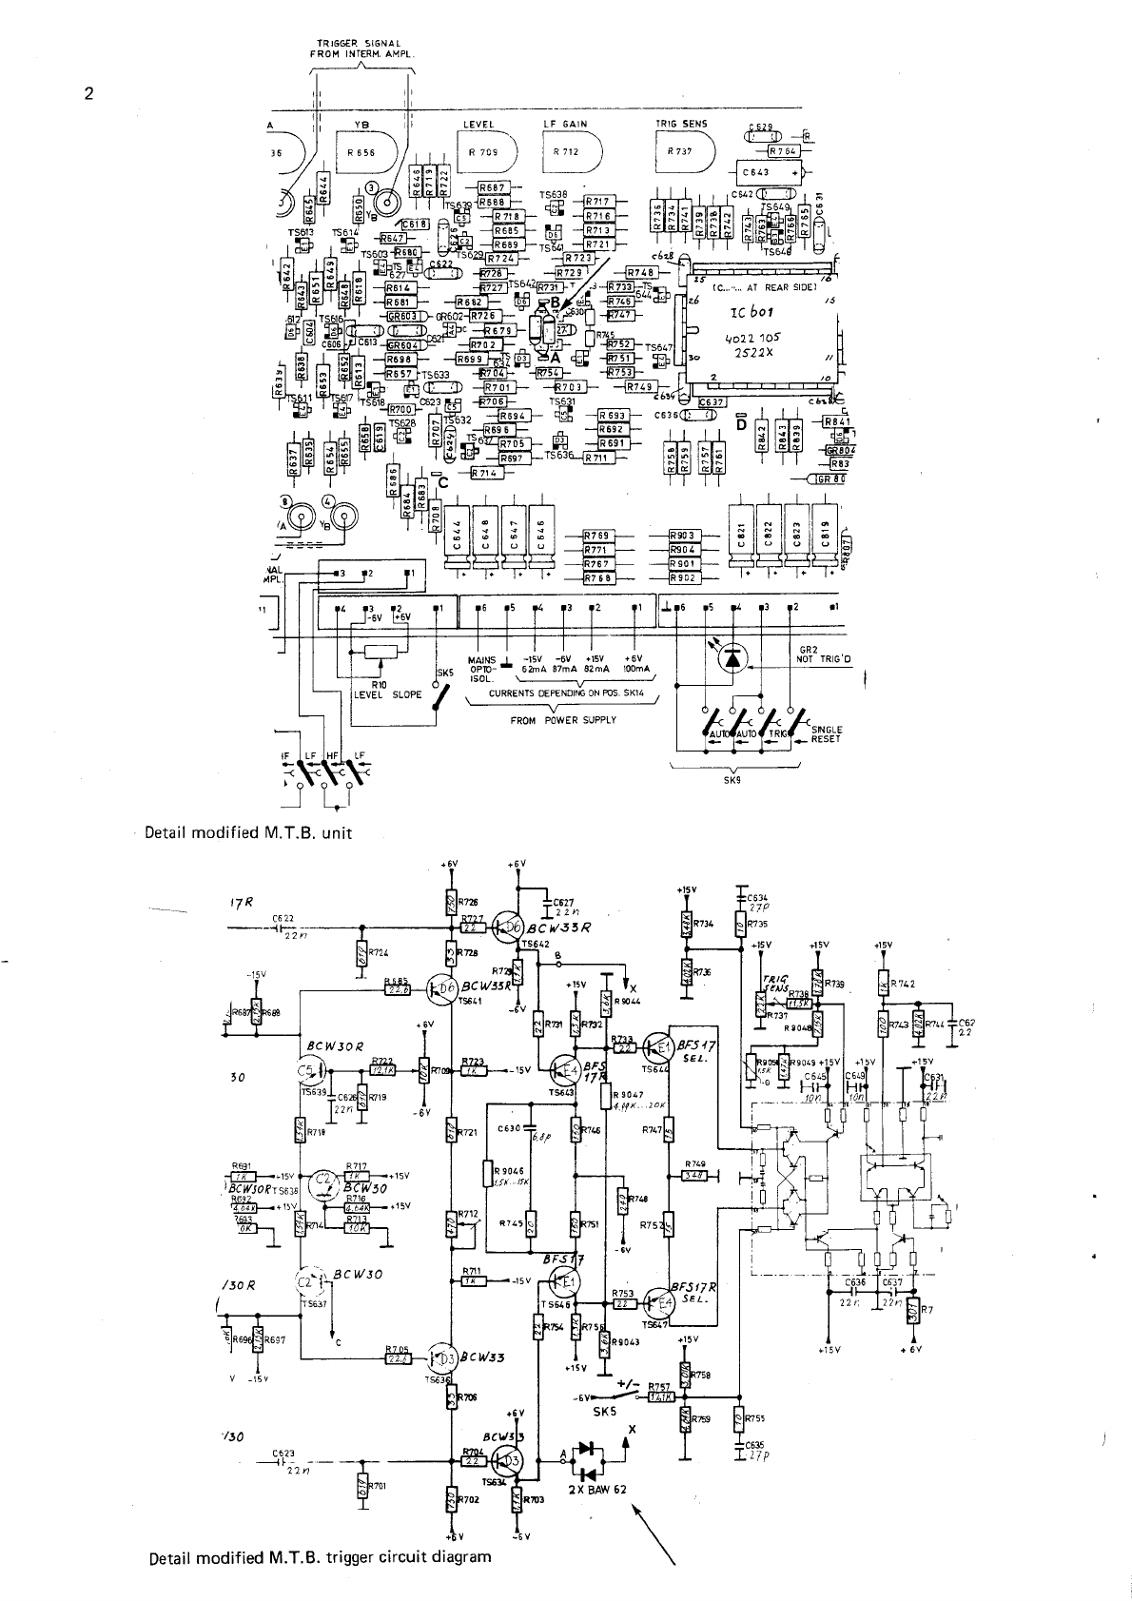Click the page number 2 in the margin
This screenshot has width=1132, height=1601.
tap(88, 93)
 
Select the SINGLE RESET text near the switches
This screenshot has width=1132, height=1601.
tap(826, 734)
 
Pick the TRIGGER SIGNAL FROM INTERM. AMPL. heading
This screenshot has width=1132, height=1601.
tap(358, 48)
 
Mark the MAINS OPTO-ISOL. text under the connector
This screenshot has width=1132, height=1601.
tap(483, 664)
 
